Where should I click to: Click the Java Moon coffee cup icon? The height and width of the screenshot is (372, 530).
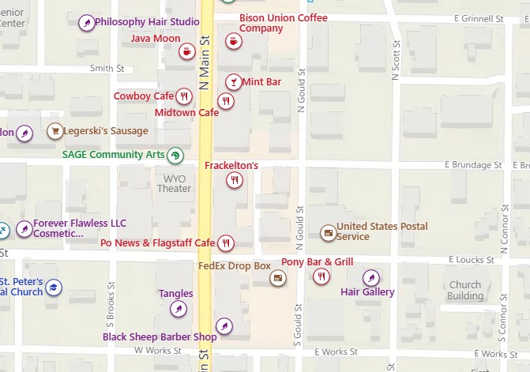(x=187, y=52)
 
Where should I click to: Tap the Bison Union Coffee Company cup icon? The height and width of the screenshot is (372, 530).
(x=233, y=41)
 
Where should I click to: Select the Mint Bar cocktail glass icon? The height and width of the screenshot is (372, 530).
(x=233, y=81)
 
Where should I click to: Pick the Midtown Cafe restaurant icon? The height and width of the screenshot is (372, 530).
(x=227, y=100)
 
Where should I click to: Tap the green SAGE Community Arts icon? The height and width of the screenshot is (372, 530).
(x=175, y=155)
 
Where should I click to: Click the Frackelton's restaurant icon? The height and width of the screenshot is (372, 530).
(x=234, y=180)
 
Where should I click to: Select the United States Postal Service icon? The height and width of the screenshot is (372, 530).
(x=327, y=232)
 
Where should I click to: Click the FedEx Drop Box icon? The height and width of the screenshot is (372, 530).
(x=277, y=277)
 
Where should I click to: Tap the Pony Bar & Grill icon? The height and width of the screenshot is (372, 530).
(x=321, y=276)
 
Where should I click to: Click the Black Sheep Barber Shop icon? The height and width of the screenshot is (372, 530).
(x=224, y=325)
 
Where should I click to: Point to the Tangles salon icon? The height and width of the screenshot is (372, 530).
(x=180, y=308)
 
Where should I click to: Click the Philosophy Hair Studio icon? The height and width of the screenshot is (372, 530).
(x=86, y=23)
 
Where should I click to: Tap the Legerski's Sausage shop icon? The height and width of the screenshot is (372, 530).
(x=55, y=131)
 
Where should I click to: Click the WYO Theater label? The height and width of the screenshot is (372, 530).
(x=174, y=183)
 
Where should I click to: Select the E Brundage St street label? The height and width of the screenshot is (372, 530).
(x=473, y=166)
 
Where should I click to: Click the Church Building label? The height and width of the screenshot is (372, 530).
(x=465, y=291)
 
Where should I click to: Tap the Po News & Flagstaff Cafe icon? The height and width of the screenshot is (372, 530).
(x=226, y=242)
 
